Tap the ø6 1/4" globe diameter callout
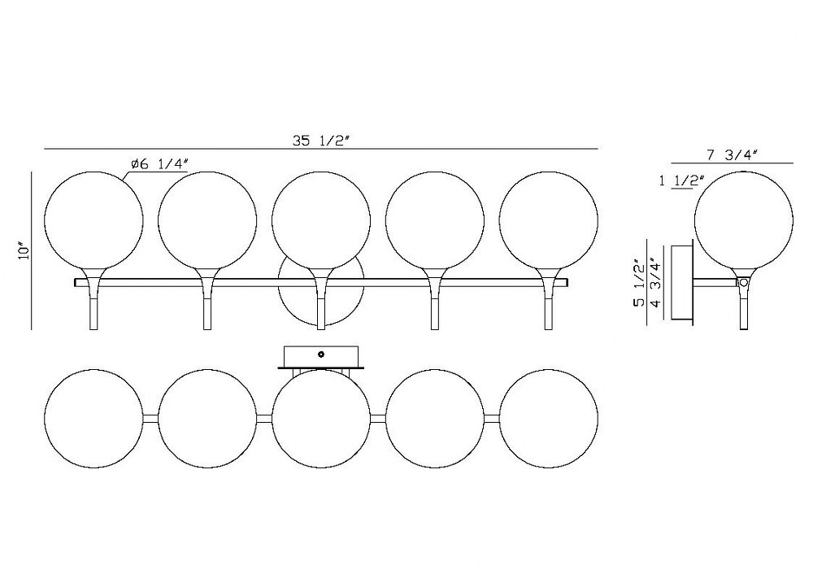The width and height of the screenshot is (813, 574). (x=159, y=164)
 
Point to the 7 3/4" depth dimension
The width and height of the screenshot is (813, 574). (x=733, y=154)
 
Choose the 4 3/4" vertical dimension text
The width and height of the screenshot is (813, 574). (x=656, y=283)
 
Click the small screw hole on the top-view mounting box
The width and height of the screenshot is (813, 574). (x=321, y=354)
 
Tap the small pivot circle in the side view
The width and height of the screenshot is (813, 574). (x=744, y=283)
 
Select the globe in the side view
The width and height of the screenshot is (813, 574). (x=744, y=221)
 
